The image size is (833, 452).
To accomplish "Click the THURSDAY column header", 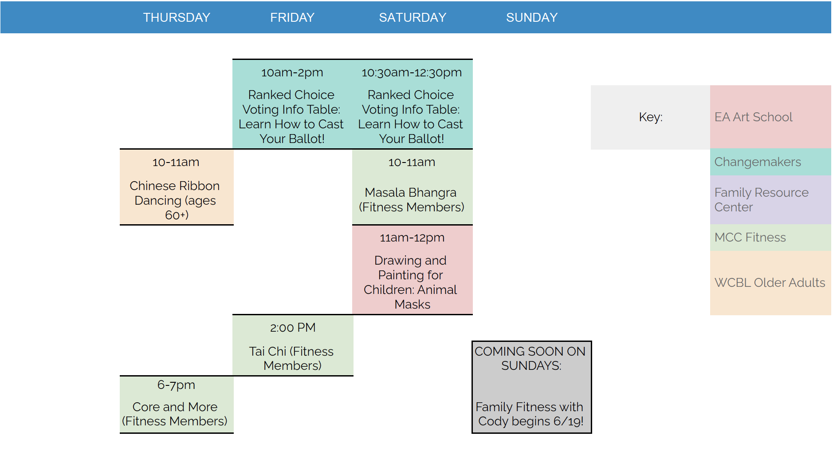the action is pyautogui.click(x=177, y=17).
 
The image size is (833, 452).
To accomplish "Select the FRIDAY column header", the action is pyautogui.click(x=292, y=17).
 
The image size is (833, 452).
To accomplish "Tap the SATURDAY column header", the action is pyautogui.click(x=413, y=17).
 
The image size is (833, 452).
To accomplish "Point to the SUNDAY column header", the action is pyautogui.click(x=532, y=17).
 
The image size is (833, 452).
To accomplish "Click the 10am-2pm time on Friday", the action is pyautogui.click(x=292, y=72).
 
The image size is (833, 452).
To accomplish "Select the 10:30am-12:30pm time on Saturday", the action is pyautogui.click(x=412, y=72).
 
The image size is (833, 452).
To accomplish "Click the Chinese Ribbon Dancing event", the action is pyautogui.click(x=175, y=200).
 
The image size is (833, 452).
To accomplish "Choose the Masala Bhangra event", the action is pyautogui.click(x=411, y=200).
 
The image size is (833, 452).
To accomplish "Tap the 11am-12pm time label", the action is pyautogui.click(x=412, y=238).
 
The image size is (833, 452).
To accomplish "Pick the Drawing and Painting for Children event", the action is pyautogui.click(x=411, y=282).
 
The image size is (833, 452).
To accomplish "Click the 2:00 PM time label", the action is pyautogui.click(x=293, y=328).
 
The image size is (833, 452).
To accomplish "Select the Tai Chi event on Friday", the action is pyautogui.click(x=291, y=358).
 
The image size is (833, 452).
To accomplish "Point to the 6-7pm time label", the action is pyautogui.click(x=176, y=385).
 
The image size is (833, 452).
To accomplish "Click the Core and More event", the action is pyautogui.click(x=175, y=414).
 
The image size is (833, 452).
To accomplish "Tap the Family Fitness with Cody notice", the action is pyautogui.click(x=530, y=414).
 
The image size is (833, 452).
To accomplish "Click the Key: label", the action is pyautogui.click(x=651, y=117).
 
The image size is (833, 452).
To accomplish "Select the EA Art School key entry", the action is pyautogui.click(x=753, y=117).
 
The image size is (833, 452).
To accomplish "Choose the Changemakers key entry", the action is pyautogui.click(x=758, y=162).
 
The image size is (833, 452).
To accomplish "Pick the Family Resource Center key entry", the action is pyautogui.click(x=761, y=200).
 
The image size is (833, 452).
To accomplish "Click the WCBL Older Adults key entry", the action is pyautogui.click(x=770, y=282).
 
